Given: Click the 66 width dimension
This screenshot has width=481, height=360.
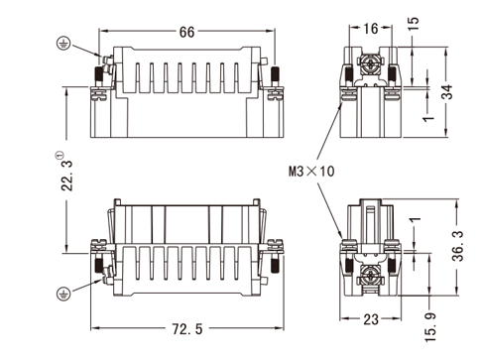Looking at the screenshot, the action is [x=186, y=32].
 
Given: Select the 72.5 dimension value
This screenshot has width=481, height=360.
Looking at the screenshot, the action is [x=187, y=329].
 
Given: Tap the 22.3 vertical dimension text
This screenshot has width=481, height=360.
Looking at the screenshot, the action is [x=67, y=176].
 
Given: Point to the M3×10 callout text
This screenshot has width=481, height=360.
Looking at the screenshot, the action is [x=311, y=172].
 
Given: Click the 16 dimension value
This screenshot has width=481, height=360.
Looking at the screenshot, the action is [x=371, y=29].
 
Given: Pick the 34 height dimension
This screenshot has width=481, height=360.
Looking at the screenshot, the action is [x=448, y=92].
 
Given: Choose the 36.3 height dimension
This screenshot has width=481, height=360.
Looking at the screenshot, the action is [x=458, y=246].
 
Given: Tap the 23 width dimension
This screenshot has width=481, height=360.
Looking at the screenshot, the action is [x=371, y=319].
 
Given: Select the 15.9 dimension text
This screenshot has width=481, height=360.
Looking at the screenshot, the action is [x=430, y=327].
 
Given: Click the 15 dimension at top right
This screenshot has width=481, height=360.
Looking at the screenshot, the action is [x=413, y=24].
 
